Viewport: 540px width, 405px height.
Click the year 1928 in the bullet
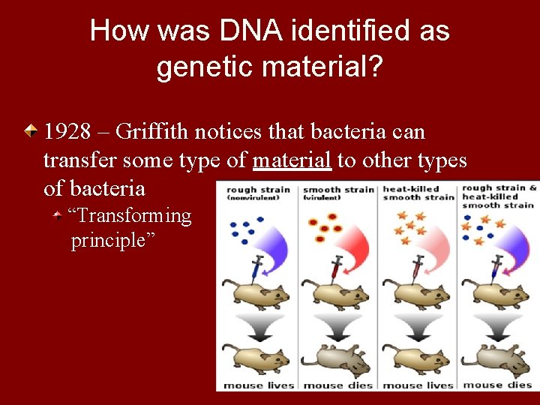pos(67,132)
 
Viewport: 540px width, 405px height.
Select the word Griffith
pos(154,132)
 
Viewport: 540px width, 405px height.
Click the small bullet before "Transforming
pos(58,216)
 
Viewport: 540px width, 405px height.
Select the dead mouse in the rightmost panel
pos(499,361)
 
